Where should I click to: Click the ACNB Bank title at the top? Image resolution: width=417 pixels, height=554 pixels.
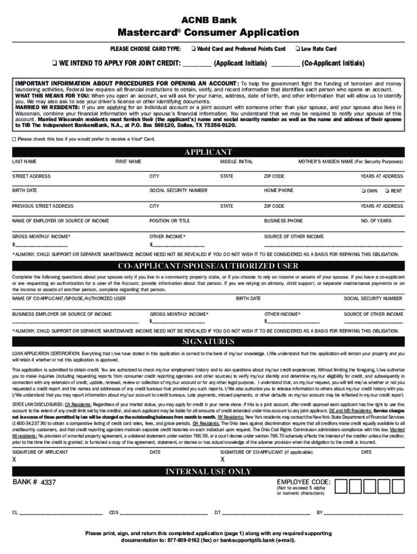point(208,20)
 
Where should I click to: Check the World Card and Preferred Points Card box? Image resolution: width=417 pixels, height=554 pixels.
point(193,49)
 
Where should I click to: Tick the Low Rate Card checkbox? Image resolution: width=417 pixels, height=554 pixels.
point(297,49)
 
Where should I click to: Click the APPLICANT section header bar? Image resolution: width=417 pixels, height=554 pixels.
point(208,152)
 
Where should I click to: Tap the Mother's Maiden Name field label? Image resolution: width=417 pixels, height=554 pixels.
point(350,162)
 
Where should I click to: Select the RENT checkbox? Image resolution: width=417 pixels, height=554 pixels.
point(387,191)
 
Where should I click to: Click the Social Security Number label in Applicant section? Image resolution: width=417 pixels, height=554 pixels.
point(178,191)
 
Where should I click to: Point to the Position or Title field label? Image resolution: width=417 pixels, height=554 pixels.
point(170,221)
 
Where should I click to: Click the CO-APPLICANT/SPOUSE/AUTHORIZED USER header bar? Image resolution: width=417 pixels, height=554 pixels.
point(208,266)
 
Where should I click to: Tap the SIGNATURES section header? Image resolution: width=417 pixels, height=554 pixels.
point(208,341)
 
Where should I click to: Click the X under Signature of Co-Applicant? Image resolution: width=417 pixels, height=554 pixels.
point(223,459)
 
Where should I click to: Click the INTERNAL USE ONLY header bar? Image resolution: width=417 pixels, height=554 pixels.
point(208,471)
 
